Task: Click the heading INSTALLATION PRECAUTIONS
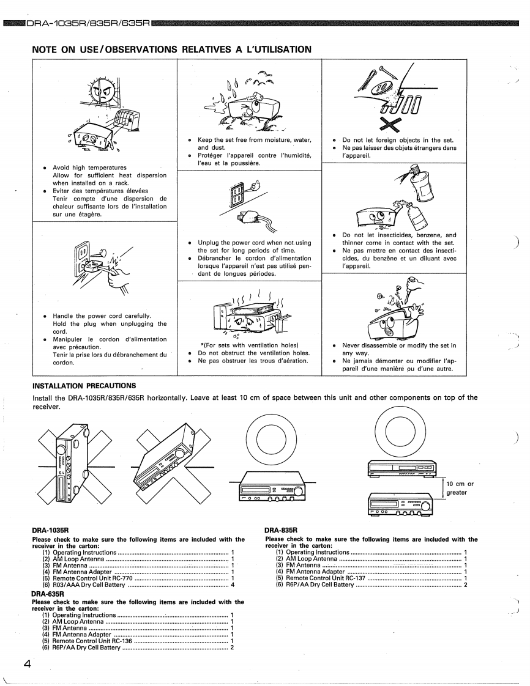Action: (x=84, y=386)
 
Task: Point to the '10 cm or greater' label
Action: (x=460, y=488)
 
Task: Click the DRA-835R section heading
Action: (x=281, y=530)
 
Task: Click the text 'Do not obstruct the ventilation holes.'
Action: (x=253, y=353)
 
